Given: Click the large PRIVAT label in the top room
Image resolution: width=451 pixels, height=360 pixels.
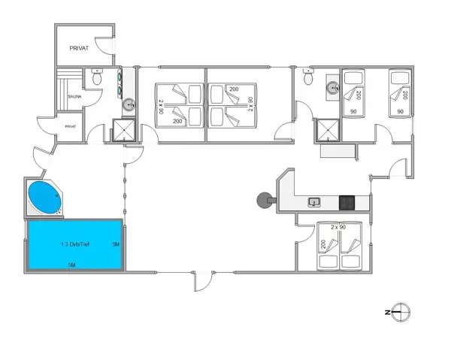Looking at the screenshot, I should coord(79,48).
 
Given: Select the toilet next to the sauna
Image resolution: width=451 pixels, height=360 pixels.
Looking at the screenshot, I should coord(96,77).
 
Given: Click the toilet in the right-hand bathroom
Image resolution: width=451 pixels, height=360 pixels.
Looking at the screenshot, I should coord(308,77).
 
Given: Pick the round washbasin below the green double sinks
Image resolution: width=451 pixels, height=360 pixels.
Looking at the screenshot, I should coord(129,104).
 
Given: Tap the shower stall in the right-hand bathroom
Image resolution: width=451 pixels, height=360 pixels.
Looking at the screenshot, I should coord(328,131).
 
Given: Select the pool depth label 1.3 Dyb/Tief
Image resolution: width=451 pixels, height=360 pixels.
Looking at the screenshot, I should coord(75,244).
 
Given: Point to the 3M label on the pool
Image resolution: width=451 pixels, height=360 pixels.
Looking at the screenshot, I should coord(115,244).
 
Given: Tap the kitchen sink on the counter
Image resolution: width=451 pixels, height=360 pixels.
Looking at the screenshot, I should coord(314,201).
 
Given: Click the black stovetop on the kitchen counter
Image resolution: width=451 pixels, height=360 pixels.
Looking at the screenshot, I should coord(347,201).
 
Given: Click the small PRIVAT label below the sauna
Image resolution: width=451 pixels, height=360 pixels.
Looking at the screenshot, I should coord(71,127).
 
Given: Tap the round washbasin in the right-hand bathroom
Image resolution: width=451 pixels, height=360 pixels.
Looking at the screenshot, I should coord(333,88).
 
